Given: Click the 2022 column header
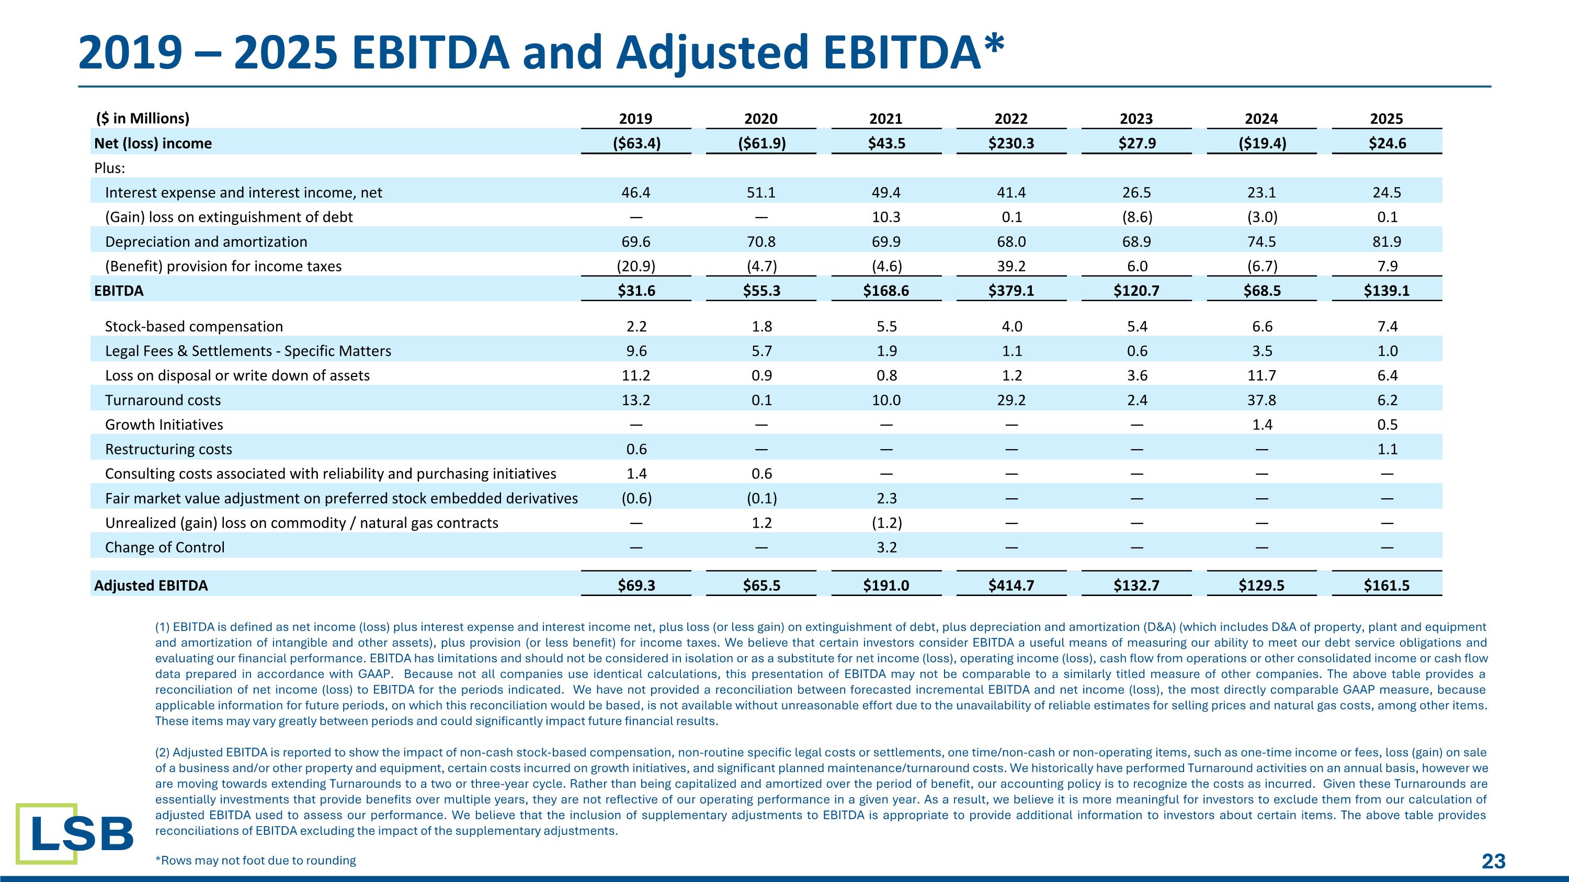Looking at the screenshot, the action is coord(1011,119).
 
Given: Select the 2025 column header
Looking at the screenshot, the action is coord(1386,119).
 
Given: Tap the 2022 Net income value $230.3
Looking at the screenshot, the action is coord(1011,143).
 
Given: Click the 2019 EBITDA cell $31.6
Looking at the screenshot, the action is coord(636,290).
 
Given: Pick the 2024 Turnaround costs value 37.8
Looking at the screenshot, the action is coord(1261,400).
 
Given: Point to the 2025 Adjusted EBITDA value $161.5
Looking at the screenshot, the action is coord(1386,585).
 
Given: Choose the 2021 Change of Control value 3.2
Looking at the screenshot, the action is coord(886,547).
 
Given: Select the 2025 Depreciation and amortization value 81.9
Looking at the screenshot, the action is coord(1387,242).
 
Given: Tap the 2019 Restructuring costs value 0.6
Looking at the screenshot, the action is coord(636,449).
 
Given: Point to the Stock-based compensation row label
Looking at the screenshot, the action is coord(194,326).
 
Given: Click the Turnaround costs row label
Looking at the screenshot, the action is coord(163,400).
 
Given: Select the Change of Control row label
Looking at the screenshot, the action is coord(164,547).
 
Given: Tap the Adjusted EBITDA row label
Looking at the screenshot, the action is coord(151,585).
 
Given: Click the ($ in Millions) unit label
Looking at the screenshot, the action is coord(143,118).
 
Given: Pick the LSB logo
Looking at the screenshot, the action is coord(75,833).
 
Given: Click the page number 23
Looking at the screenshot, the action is coord(1494,861).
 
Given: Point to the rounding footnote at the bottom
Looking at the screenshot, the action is coord(256,860).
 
